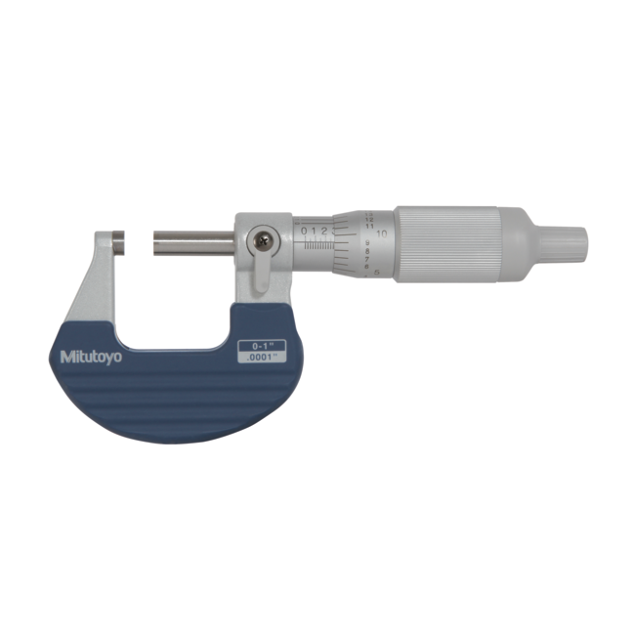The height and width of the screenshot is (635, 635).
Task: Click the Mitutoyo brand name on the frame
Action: (x=92, y=357)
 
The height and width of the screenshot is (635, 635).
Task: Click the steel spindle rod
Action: (x=191, y=239)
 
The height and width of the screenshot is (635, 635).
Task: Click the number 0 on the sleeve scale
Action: (x=304, y=231)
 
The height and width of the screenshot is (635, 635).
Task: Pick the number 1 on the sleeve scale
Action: (x=314, y=231)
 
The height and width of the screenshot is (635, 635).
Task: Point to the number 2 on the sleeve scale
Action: (x=323, y=231)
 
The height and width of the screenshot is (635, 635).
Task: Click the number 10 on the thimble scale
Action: (x=382, y=234)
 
